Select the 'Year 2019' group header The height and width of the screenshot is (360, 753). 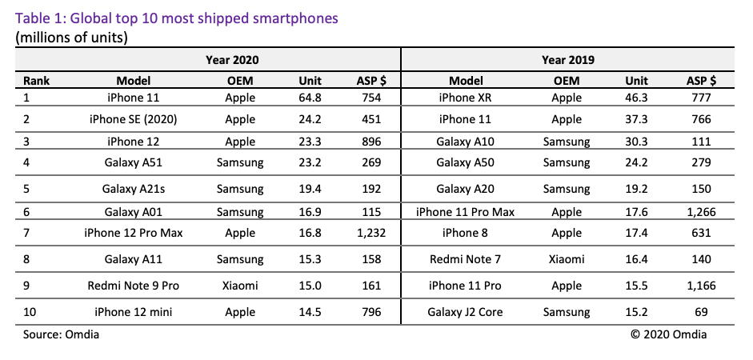(567, 60)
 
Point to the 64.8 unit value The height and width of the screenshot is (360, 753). (310, 98)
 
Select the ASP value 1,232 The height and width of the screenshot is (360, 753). (368, 234)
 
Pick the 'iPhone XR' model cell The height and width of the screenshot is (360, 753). (467, 98)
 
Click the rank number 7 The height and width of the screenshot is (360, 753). (26, 234)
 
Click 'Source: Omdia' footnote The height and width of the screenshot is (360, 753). (62, 334)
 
